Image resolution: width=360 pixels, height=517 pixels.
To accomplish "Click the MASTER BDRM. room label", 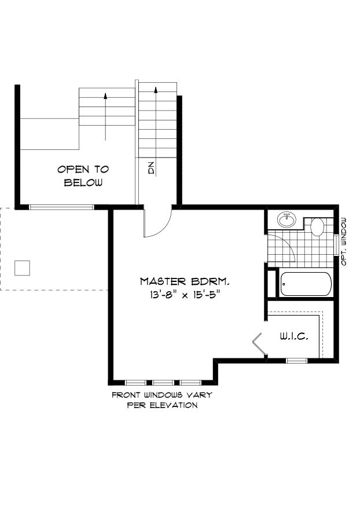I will pos(185,281).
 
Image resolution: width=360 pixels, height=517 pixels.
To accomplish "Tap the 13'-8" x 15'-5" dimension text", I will pos(185,295).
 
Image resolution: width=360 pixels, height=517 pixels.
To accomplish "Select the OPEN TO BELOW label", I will pos(83,176).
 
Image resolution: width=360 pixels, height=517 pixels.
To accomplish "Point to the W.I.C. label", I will pos(293,336).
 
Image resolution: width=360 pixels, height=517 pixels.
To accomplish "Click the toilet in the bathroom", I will pos(318,226).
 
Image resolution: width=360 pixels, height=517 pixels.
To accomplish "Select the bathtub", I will pos(306,284).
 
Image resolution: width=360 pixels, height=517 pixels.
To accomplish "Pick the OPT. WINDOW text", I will pos(344,241).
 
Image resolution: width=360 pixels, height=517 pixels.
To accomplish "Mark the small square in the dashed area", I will pos(22,268).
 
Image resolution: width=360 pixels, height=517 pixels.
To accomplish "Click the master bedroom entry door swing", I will pos(158,223).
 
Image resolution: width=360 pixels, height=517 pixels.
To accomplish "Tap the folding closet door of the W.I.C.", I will pos(258,343).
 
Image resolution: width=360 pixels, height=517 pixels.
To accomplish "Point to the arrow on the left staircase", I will pos(105,116).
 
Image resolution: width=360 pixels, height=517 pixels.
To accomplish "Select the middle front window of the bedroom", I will pos(163,382).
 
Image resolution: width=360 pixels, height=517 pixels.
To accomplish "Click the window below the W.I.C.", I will pos(296,360).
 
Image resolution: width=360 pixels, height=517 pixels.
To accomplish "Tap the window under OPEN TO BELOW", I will pos(61,207).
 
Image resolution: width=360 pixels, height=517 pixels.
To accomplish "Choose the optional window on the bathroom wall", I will pos(337,243).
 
